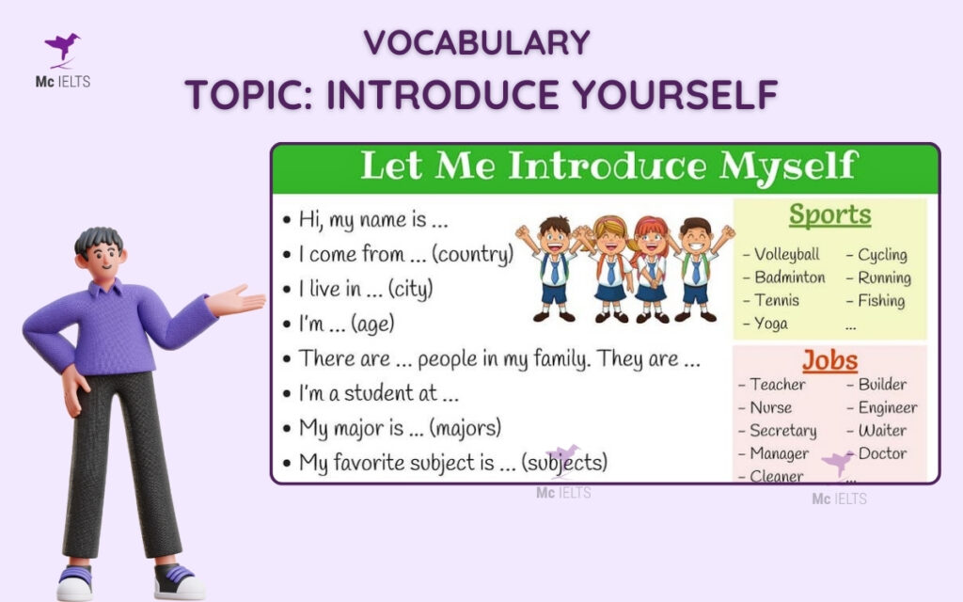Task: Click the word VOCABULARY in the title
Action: click(477, 42)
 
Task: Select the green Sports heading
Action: click(829, 215)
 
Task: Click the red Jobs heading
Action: click(829, 360)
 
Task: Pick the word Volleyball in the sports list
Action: click(786, 254)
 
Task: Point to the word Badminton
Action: click(789, 277)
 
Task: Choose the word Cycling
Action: click(882, 254)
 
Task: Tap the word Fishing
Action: click(880, 301)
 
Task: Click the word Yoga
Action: click(771, 324)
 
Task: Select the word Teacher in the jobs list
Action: click(777, 384)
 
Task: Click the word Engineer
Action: click(887, 407)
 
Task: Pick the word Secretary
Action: click(782, 431)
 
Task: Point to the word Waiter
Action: click(882, 431)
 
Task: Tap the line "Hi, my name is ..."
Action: click(372, 220)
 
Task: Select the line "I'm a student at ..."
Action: click(378, 393)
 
